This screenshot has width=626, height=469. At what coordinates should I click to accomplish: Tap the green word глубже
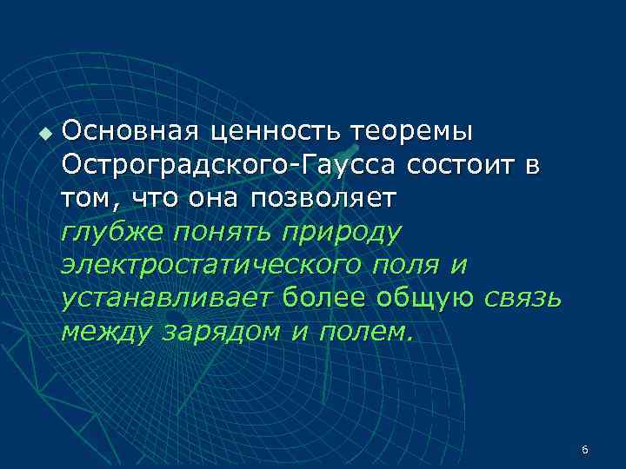pyautogui.click(x=112, y=232)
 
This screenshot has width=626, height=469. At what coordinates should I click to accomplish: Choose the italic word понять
pyautogui.click(x=221, y=232)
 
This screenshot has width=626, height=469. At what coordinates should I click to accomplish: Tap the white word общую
pyautogui.click(x=425, y=298)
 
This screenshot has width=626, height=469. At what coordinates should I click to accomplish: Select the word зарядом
pyautogui.click(x=220, y=331)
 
